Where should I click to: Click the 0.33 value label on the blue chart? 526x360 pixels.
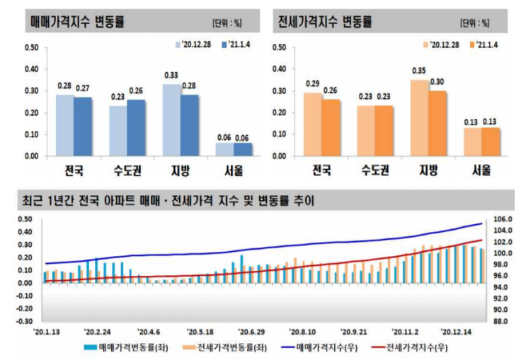point(171,76)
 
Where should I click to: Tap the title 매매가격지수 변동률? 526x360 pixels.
point(78,21)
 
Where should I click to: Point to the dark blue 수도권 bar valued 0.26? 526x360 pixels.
point(137,127)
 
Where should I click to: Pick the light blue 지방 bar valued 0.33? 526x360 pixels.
point(171,120)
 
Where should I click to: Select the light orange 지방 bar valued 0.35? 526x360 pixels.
point(419,117)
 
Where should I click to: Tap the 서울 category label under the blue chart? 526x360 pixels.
point(234,170)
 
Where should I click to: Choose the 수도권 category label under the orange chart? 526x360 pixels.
point(374,170)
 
